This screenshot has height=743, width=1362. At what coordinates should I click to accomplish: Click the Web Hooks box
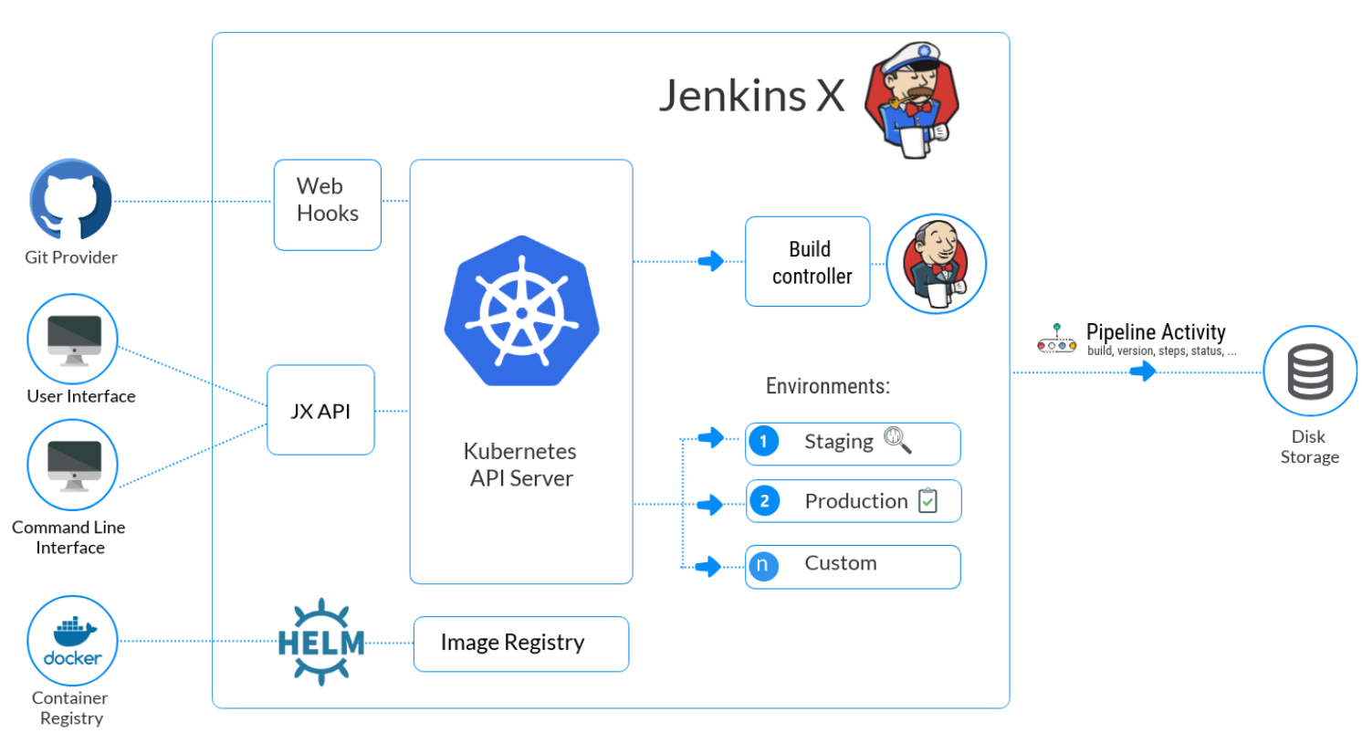click(x=327, y=204)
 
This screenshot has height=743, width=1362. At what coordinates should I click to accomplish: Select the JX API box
click(x=320, y=410)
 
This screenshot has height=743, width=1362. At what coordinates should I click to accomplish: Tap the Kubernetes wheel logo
click(x=521, y=310)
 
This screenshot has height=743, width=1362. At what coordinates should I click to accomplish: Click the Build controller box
click(x=808, y=261)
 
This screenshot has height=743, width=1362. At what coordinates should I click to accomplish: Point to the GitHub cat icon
click(x=70, y=199)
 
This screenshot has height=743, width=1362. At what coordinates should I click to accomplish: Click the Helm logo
click(x=321, y=642)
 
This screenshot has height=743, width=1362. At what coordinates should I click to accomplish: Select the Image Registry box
click(x=521, y=644)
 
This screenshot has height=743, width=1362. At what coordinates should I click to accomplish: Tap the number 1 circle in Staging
click(x=764, y=441)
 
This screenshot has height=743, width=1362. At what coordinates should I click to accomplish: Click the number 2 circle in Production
click(x=765, y=501)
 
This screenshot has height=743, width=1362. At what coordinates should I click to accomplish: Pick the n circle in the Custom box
click(x=764, y=565)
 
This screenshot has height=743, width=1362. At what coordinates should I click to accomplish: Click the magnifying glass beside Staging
click(x=897, y=440)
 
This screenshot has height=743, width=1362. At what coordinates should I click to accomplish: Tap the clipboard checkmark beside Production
click(x=927, y=500)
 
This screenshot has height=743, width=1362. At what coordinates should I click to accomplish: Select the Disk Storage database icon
click(x=1310, y=371)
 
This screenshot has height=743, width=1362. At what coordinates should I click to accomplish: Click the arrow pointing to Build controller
click(x=711, y=261)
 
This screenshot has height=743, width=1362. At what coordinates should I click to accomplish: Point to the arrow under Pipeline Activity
click(x=1143, y=371)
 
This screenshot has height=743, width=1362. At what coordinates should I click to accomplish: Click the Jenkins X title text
click(x=752, y=96)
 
